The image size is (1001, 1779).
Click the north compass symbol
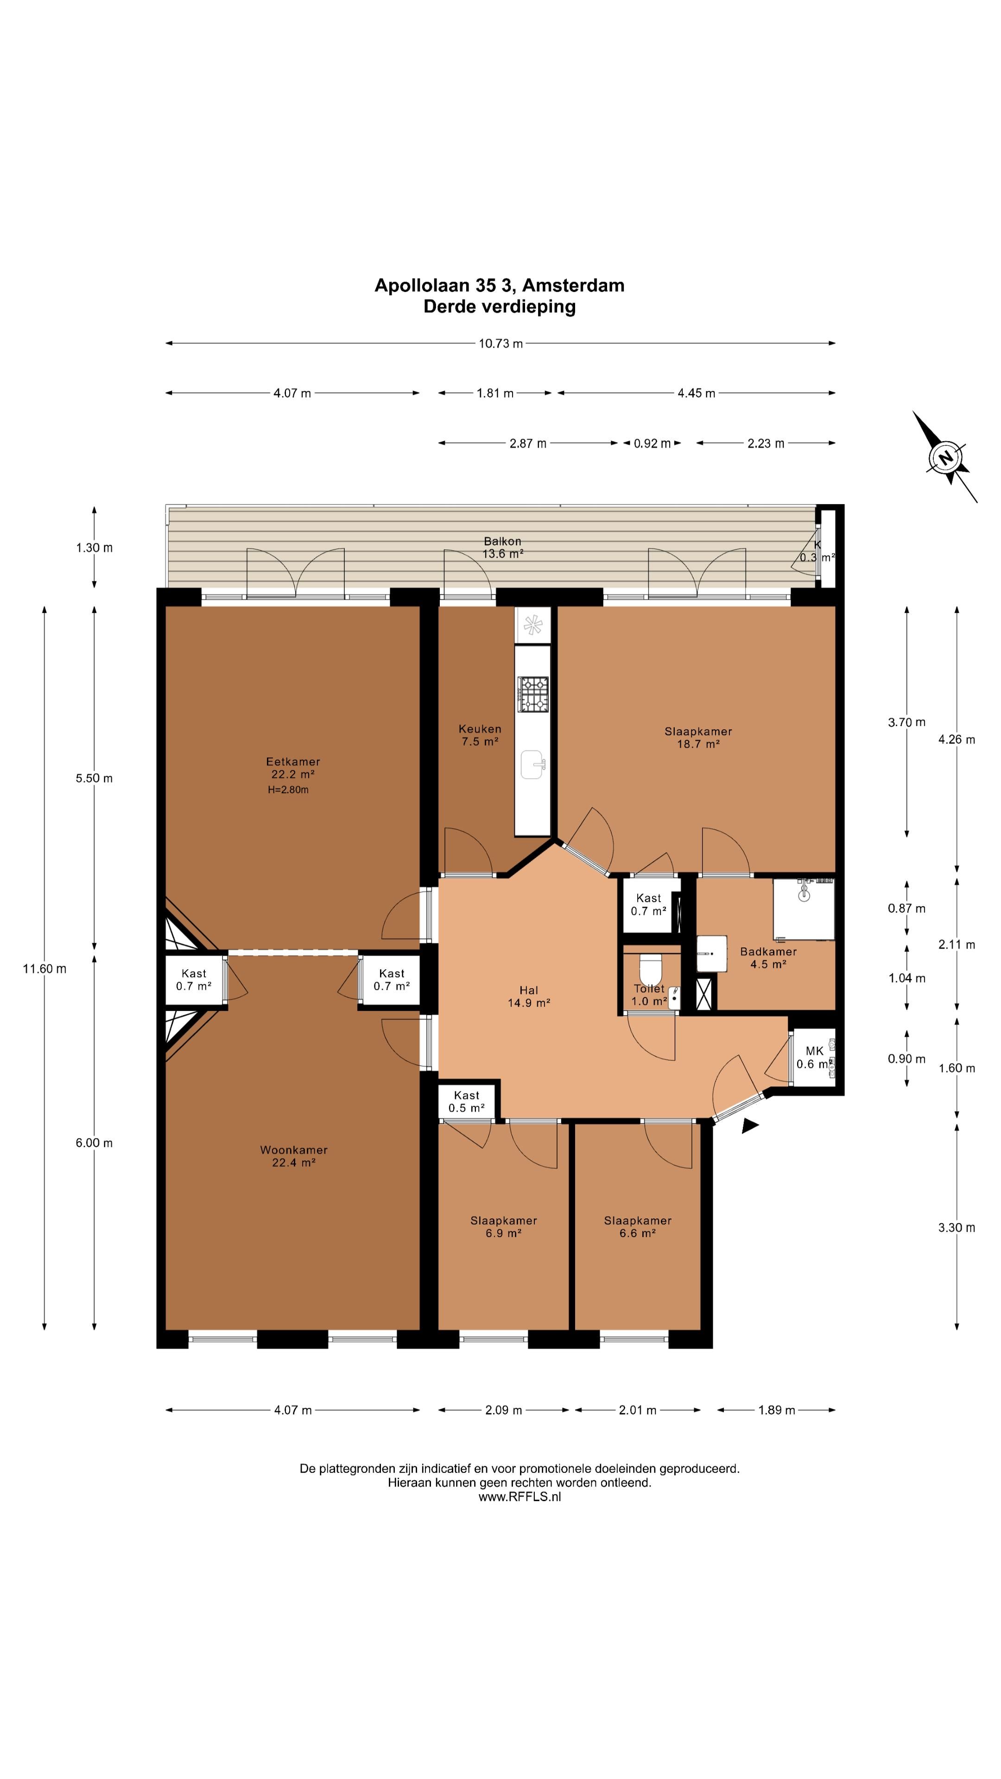coord(944,456)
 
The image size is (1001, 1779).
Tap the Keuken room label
coord(480,735)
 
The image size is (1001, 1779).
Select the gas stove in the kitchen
coord(533,694)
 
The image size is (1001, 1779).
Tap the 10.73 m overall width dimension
coord(500,343)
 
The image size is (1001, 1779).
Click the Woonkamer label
coord(294,1156)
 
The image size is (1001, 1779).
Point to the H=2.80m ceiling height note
coord(288,789)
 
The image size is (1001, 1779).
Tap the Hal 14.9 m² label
coord(528,997)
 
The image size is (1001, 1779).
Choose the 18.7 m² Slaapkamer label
coord(698,738)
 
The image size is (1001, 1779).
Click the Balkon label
coord(502,548)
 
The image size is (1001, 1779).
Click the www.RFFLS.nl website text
coord(519,1496)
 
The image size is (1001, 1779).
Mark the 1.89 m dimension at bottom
coord(777,1409)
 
